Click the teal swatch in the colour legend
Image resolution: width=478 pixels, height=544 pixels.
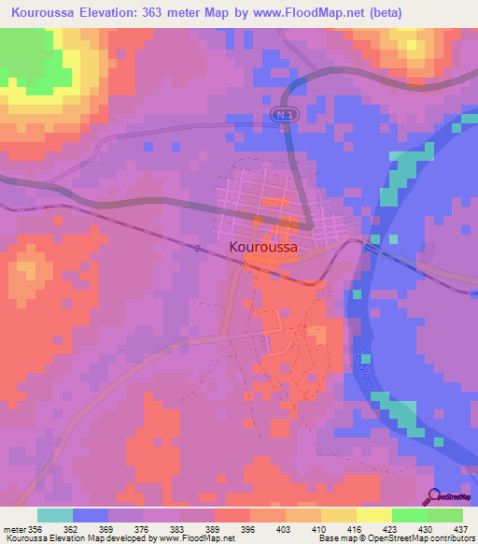[x=55, y=515]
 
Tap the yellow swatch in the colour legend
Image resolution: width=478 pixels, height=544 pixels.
[x=373, y=515]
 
